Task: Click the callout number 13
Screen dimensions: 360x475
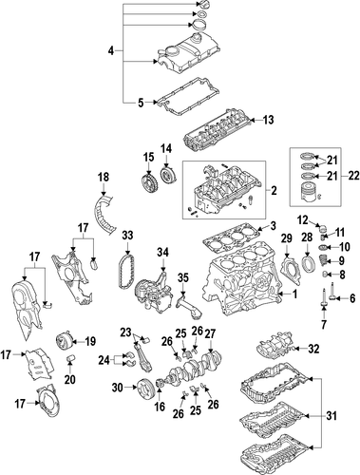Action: pos(268,120)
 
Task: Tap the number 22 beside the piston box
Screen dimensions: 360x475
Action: pos(353,175)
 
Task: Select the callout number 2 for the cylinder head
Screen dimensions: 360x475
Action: pos(274,190)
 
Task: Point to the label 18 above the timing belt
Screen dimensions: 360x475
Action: pos(104,178)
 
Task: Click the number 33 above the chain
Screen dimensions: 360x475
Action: pos(128,235)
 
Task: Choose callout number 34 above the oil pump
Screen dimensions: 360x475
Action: pos(163,253)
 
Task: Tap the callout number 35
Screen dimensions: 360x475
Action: pos(183,277)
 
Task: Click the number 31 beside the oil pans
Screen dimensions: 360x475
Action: pos(332,415)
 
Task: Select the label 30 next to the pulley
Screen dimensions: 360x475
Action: pos(118,388)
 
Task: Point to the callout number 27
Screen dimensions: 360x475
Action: pos(210,333)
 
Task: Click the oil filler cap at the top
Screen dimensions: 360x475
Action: pos(202,4)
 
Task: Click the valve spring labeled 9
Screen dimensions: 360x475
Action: pos(322,261)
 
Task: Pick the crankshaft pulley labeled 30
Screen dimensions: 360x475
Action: pos(144,388)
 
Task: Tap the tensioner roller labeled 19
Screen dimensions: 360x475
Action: pos(64,342)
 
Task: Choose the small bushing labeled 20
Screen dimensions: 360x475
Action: pos(70,359)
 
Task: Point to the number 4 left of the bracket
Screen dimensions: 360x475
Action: pos(111,50)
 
